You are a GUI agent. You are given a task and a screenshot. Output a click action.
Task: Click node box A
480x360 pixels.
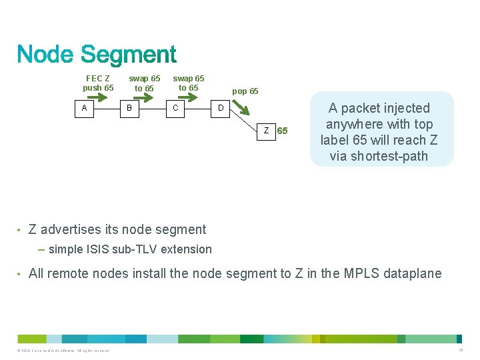(84, 107)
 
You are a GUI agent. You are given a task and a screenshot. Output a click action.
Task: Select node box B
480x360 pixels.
(129, 107)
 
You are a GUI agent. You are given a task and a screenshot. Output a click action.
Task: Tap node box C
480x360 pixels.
(175, 107)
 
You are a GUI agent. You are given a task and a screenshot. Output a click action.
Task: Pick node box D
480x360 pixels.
(221, 107)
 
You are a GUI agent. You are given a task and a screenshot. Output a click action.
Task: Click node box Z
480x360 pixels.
(266, 131)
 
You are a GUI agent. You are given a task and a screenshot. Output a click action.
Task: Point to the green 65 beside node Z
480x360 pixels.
(283, 131)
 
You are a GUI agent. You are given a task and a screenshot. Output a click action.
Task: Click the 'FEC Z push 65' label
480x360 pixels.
(98, 83)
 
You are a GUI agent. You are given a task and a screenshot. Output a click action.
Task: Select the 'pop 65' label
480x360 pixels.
(245, 91)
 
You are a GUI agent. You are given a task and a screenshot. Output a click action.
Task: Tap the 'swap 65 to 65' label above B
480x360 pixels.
(144, 83)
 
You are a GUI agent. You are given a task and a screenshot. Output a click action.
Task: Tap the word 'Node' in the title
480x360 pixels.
(46, 55)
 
